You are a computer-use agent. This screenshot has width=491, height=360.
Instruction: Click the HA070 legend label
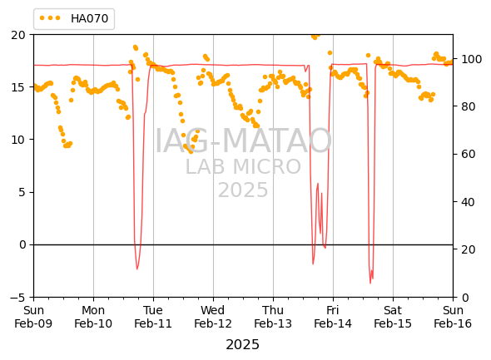coord(89,18)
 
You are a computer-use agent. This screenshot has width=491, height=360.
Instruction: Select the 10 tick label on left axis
coord(18,140)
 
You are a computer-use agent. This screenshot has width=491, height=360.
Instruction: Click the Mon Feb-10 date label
coord(93,317)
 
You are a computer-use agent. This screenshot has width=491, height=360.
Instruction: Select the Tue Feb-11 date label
coord(153,317)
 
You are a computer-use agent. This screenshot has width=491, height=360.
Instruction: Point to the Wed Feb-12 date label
coord(213,317)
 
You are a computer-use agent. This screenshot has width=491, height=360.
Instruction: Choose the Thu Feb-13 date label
coord(273,317)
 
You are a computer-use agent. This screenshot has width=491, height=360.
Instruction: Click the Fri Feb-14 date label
coord(333,317)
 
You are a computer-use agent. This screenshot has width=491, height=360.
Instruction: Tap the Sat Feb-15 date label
coord(393,317)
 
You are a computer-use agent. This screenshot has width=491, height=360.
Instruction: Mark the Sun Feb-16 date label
coord(453,317)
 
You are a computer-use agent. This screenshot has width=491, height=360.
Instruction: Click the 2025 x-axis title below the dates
coord(243,345)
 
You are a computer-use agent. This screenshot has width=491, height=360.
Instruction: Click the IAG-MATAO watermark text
coord(243,141)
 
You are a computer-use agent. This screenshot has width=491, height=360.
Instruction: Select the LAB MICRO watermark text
coord(243,167)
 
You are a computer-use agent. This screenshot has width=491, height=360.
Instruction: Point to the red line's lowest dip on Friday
coord(370,283)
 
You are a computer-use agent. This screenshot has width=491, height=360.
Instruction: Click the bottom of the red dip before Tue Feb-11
coord(136,269)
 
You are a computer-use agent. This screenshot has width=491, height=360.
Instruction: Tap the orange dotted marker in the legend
coord(50,18)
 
